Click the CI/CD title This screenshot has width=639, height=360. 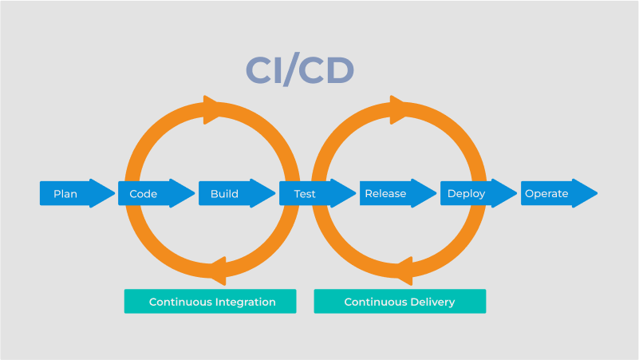299,70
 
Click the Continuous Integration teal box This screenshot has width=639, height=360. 211,302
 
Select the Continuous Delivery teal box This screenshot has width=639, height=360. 400,302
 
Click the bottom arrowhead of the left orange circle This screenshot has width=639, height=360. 215,271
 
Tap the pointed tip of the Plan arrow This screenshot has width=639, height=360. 113,193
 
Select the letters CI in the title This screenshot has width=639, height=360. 264,70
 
